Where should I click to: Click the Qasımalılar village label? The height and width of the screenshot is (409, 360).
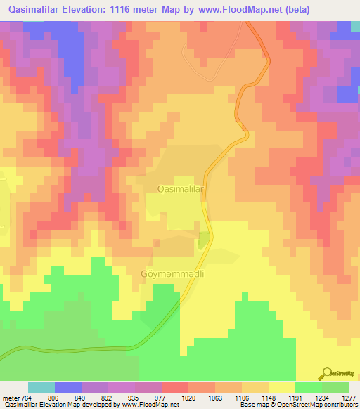pos(180,189)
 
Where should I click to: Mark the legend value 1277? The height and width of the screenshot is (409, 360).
pos(349,398)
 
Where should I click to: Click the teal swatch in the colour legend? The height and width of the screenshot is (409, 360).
pos(41,387)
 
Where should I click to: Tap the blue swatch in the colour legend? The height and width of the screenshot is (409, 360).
pos(68,387)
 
